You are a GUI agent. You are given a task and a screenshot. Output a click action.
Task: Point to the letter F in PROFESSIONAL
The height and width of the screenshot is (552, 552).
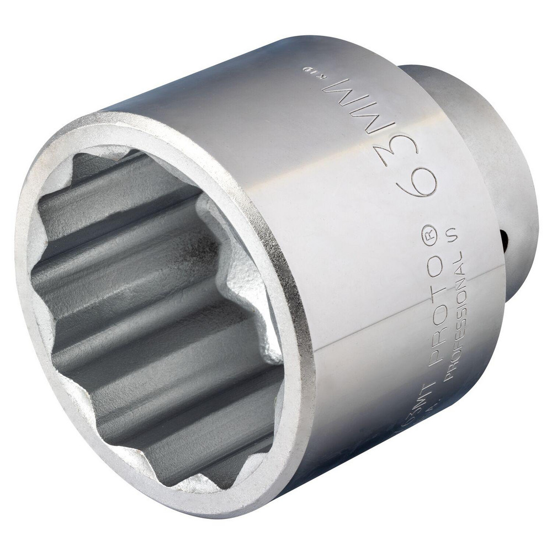(453, 344)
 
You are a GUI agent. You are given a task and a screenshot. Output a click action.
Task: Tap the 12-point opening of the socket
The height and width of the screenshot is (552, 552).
(155, 309)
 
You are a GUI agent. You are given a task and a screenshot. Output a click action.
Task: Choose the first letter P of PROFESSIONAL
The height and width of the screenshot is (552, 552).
(449, 376)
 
